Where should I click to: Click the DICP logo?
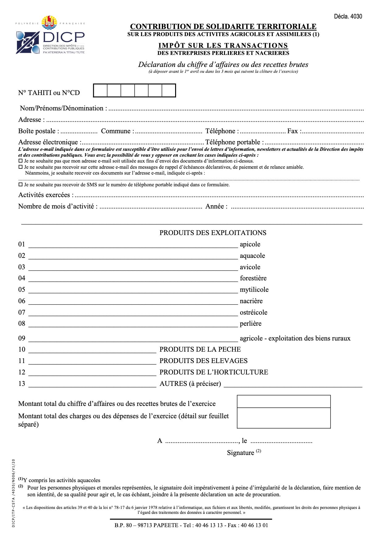(50, 35)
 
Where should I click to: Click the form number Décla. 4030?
(348, 16)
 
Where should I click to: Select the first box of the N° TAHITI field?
(100, 91)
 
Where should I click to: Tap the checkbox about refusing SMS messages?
(21, 185)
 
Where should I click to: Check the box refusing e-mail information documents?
(21, 161)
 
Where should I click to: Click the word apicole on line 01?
(250, 244)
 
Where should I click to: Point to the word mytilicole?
(254, 290)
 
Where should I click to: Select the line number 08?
(22, 324)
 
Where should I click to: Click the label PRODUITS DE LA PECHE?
(200, 349)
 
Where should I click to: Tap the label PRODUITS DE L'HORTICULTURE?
(213, 372)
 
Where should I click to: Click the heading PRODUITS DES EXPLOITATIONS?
(213, 233)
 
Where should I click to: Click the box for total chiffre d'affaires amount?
(284, 402)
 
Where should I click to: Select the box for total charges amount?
(284, 418)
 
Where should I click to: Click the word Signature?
(240, 453)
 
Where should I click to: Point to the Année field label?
(216, 206)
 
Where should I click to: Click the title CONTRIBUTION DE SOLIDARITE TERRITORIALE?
(223, 27)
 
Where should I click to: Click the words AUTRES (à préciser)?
(190, 384)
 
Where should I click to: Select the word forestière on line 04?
(253, 278)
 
